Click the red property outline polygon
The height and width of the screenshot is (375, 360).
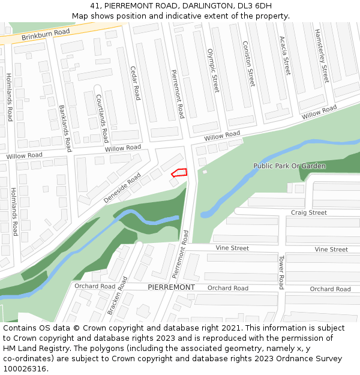(179, 173)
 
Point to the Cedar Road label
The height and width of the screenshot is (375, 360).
(136, 83)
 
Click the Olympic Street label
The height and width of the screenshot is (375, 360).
(213, 71)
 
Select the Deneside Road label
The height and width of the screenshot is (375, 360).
(122, 187)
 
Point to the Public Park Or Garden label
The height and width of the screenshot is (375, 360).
(289, 166)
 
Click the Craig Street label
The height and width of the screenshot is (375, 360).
(308, 212)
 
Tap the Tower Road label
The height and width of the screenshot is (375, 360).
(280, 272)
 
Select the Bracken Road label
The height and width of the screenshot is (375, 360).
(116, 295)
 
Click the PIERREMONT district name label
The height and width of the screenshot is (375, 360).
(171, 287)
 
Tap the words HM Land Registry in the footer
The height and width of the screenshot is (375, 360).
(34, 348)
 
